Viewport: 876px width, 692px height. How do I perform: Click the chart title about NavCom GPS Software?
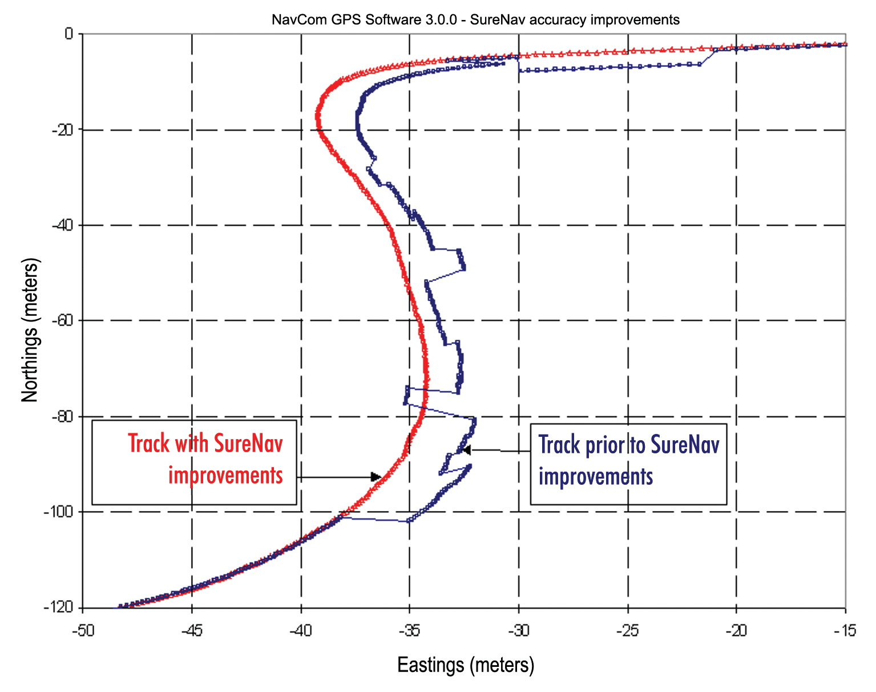point(475,20)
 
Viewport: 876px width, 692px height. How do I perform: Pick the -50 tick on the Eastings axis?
point(82,630)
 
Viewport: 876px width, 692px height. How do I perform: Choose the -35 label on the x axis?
point(409,630)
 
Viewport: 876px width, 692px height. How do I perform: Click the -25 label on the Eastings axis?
point(627,630)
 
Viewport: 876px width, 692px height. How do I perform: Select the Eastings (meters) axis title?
point(466,665)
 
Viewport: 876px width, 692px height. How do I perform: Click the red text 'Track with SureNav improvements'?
point(206,459)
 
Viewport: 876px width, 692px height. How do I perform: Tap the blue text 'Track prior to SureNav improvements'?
point(628,460)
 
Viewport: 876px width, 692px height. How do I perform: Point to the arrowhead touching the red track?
point(376,477)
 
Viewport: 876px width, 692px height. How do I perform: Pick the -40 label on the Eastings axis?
point(300,630)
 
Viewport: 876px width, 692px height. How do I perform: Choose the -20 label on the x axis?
point(736,630)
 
